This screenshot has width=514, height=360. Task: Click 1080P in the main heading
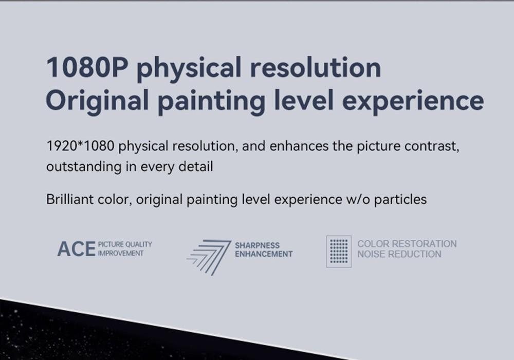tap(87, 67)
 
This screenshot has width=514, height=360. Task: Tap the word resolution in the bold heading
tap(316, 67)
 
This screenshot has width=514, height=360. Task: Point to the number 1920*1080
tap(80, 146)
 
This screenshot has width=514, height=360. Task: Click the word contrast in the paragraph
tap(432, 146)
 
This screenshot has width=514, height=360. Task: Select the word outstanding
tap(84, 167)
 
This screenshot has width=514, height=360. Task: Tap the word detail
tap(196, 166)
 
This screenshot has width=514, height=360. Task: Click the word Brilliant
tap(70, 199)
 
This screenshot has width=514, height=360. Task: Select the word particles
tap(400, 199)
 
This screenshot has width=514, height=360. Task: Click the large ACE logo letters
tap(77, 249)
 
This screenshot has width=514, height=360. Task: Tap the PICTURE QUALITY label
tap(125, 244)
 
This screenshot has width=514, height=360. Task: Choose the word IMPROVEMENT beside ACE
tap(121, 253)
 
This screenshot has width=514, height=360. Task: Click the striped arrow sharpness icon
tap(209, 257)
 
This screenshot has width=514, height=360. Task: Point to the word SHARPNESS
tap(258, 245)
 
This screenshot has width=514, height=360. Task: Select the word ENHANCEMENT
tap(264, 254)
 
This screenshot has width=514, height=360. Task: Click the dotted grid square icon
tap(339, 251)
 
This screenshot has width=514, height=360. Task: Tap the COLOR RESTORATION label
tap(407, 244)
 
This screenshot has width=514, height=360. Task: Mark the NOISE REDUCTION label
tap(399, 254)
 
